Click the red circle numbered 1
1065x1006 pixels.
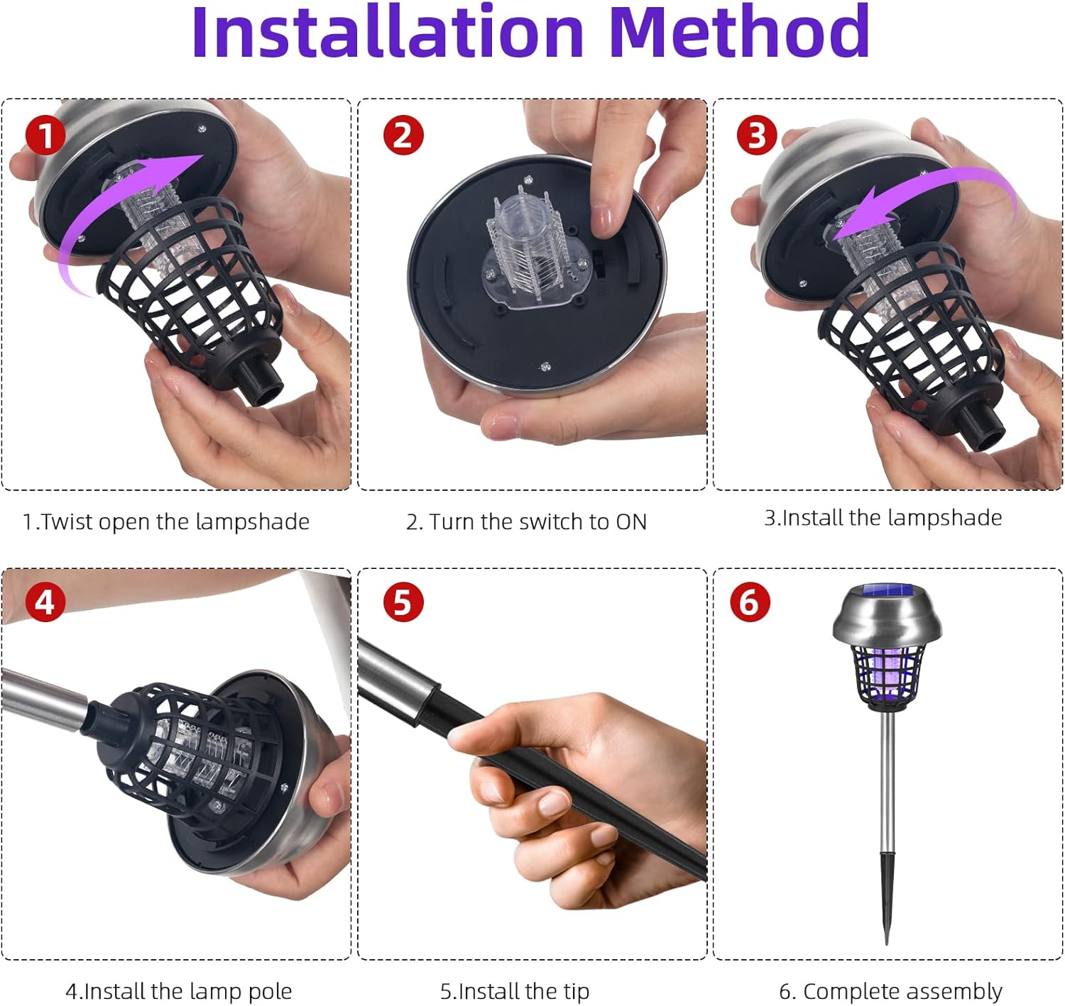(46, 136)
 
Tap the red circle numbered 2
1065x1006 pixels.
(403, 136)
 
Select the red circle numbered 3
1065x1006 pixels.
(757, 136)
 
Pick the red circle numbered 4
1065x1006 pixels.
(45, 602)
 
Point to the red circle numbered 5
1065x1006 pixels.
(403, 602)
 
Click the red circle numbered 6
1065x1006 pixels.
(750, 602)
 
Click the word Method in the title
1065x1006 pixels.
(739, 33)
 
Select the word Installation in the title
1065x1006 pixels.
(387, 33)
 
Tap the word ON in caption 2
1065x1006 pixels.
(631, 522)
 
